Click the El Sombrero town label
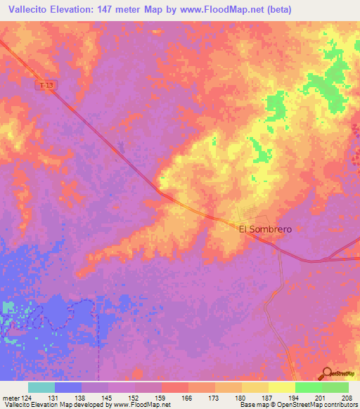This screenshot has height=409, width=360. tap(265, 229)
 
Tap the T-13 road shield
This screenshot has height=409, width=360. tap(46, 85)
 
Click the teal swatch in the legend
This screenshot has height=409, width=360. tap(41, 387)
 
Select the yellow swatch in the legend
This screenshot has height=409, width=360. tap(282, 387)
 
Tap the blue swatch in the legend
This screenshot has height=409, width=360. tap(68, 387)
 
